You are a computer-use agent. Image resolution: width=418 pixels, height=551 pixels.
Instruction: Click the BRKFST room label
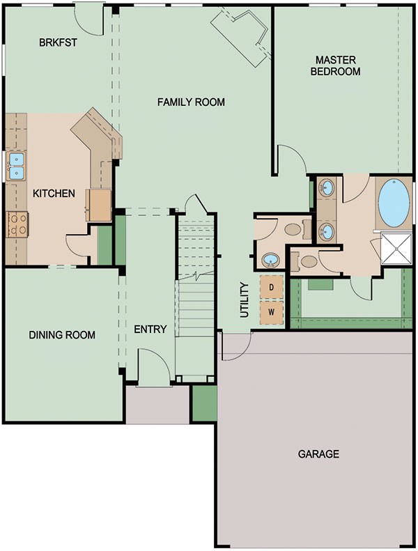coord(58,42)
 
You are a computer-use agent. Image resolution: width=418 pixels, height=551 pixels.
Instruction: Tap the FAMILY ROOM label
coord(191,102)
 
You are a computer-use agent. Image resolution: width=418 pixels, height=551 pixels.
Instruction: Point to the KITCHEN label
coord(54,193)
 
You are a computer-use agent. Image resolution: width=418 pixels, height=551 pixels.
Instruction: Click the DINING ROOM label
coord(62,335)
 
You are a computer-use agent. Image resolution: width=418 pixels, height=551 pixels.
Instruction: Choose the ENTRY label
coord(150,329)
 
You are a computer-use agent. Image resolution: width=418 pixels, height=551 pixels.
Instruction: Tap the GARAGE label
coord(318,454)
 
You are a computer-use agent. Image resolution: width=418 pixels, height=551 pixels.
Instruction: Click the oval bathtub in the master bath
coord(394,202)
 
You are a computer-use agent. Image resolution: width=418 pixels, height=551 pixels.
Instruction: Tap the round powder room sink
coord(270,261)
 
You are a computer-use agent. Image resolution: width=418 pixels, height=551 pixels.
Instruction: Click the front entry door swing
coord(152,366)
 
